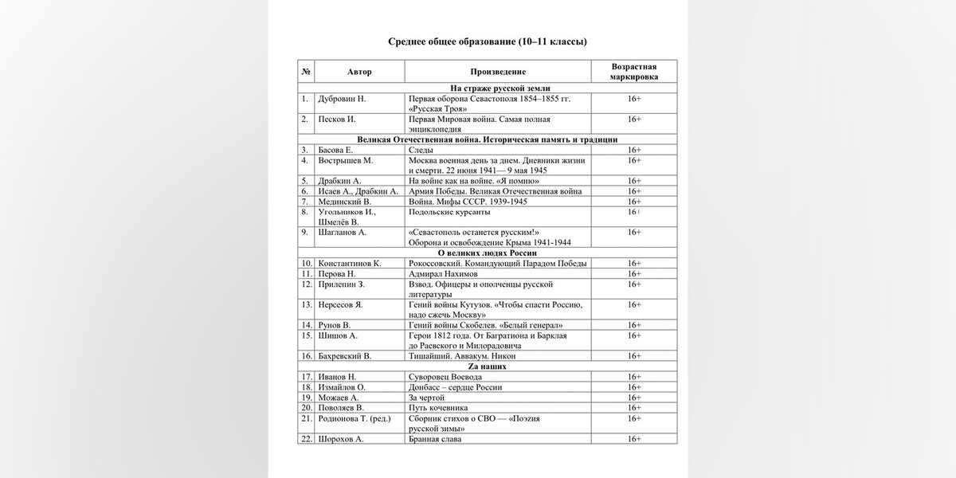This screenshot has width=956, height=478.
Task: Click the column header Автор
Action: point(359,72)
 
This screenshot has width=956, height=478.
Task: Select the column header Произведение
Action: point(497,72)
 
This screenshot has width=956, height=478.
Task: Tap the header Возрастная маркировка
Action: point(633,72)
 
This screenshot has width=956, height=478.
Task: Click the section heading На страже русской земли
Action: point(487,88)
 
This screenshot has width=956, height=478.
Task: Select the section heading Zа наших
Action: point(487,366)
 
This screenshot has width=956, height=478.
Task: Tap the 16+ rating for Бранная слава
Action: point(633,439)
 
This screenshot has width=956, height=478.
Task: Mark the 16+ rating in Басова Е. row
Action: point(633,150)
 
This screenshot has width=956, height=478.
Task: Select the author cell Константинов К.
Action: point(350,264)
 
